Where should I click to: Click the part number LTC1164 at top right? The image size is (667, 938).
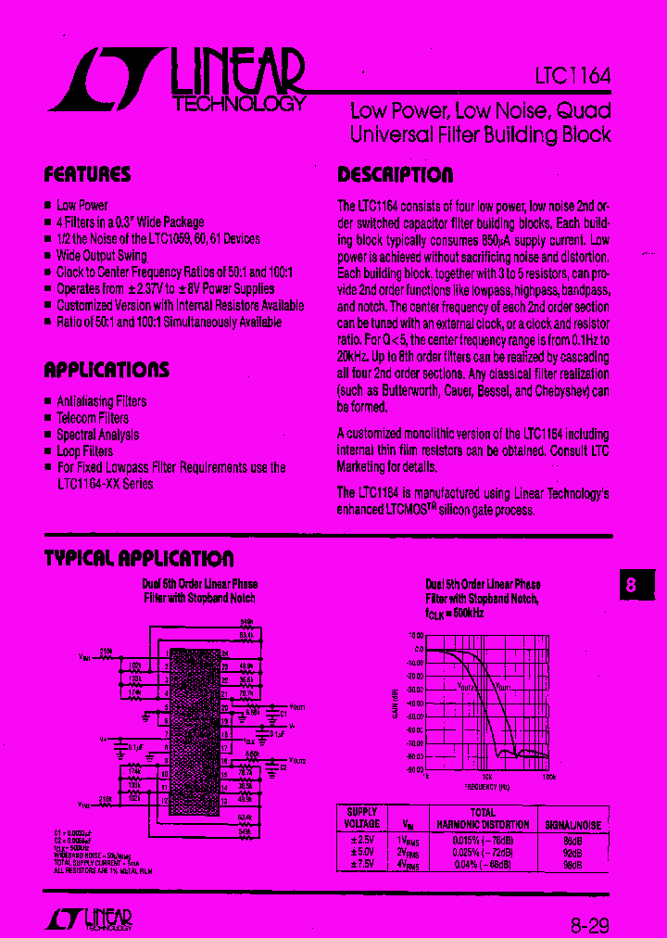[573, 77]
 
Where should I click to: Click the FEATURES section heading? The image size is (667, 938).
[88, 174]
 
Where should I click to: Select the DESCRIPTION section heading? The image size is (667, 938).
[395, 175]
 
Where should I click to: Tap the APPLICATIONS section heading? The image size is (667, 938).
[107, 370]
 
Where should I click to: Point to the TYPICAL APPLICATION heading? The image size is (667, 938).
[139, 558]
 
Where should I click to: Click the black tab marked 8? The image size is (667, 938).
[634, 586]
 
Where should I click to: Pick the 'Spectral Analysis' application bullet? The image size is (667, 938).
[97, 435]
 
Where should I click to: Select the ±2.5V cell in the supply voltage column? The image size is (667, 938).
[361, 840]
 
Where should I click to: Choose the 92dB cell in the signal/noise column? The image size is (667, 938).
[573, 853]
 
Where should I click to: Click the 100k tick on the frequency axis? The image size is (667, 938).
[548, 777]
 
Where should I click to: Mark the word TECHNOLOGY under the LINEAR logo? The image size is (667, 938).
[239, 104]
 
